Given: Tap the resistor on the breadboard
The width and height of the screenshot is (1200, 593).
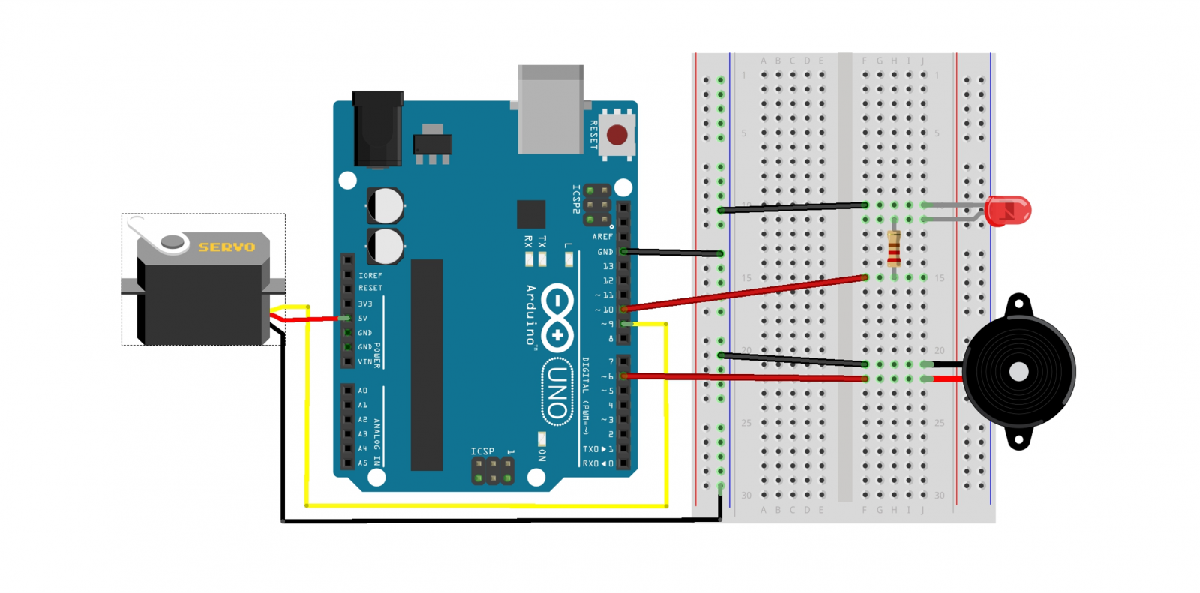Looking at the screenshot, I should tap(894, 248).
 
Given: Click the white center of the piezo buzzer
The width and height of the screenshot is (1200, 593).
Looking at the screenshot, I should tap(1018, 372).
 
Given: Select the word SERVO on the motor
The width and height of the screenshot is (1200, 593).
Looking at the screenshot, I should tap(226, 247).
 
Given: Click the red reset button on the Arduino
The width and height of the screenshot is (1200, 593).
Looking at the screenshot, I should tap(617, 135).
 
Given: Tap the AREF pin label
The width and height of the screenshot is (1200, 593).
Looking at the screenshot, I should tap(602, 237).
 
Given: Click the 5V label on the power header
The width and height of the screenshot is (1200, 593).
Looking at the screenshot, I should tap(363, 319).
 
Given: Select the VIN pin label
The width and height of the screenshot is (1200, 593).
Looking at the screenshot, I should tap(364, 362).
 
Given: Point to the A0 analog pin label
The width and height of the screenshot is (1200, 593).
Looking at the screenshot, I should tap(363, 391).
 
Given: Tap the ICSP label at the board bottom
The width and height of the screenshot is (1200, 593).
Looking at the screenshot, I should tap(482, 451).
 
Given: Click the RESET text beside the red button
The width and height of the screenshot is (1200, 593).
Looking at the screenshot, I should tap(593, 135).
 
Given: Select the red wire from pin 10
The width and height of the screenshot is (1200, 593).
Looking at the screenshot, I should tap(742, 293).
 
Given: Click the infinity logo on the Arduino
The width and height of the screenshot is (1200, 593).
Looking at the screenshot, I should tap(556, 317).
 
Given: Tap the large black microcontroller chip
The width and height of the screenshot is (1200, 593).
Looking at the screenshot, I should tap(427, 365).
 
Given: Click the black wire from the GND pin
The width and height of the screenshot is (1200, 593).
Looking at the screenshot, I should tap(671, 253).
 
